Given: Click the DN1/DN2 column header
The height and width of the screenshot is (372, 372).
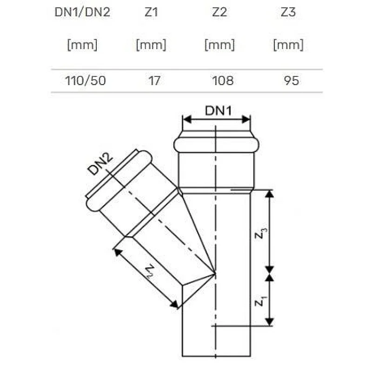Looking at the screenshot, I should pos(82,12).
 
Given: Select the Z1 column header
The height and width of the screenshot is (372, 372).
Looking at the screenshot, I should pos(151,12).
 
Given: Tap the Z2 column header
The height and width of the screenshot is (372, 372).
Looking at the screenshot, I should pos(219,12).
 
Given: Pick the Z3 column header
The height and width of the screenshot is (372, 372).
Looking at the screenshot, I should pos(288,12).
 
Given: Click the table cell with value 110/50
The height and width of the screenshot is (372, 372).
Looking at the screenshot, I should pos(82,80).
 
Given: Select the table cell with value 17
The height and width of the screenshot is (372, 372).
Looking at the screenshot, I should pos(154,80).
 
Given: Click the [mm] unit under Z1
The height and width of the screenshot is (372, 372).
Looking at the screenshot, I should pos(151,45).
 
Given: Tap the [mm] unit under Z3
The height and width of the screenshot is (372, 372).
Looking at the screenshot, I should pos(288,45).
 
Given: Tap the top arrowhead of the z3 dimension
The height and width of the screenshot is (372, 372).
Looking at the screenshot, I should pos(269,193).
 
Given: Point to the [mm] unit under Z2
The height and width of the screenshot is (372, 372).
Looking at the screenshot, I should pos(219,45).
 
